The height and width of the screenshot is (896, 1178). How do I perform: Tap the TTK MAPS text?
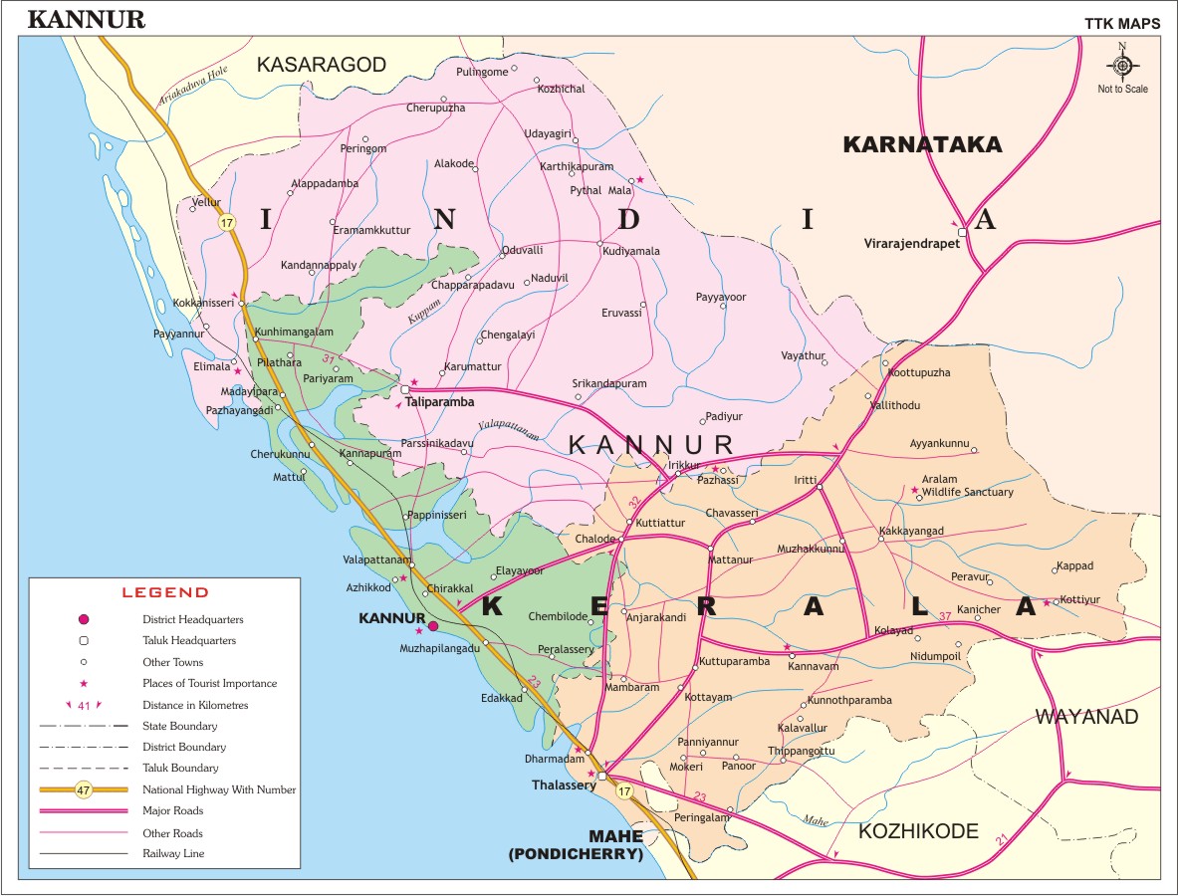coord(1121,24)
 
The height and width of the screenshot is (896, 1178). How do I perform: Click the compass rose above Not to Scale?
coord(1122,66)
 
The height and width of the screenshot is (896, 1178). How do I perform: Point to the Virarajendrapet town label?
coord(911,242)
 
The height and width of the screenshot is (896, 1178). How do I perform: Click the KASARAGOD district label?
coord(321,65)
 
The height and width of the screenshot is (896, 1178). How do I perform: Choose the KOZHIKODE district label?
coord(918,831)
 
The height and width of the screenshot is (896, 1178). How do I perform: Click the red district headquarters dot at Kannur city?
coord(433,626)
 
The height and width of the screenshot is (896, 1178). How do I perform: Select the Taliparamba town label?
coord(439,402)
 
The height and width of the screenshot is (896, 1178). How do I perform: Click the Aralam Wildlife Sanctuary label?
coord(966,486)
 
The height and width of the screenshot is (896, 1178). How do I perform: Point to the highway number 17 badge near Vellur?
coord(227,223)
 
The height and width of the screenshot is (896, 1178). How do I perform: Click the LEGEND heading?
coord(164,592)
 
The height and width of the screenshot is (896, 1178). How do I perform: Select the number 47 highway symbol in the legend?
coord(84,790)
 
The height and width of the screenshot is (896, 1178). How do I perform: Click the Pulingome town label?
coord(481,72)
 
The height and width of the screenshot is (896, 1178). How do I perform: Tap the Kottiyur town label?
coord(1080,599)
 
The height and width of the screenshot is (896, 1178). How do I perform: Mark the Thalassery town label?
coord(563,784)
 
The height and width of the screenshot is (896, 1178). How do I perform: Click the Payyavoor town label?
coord(721,297)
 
